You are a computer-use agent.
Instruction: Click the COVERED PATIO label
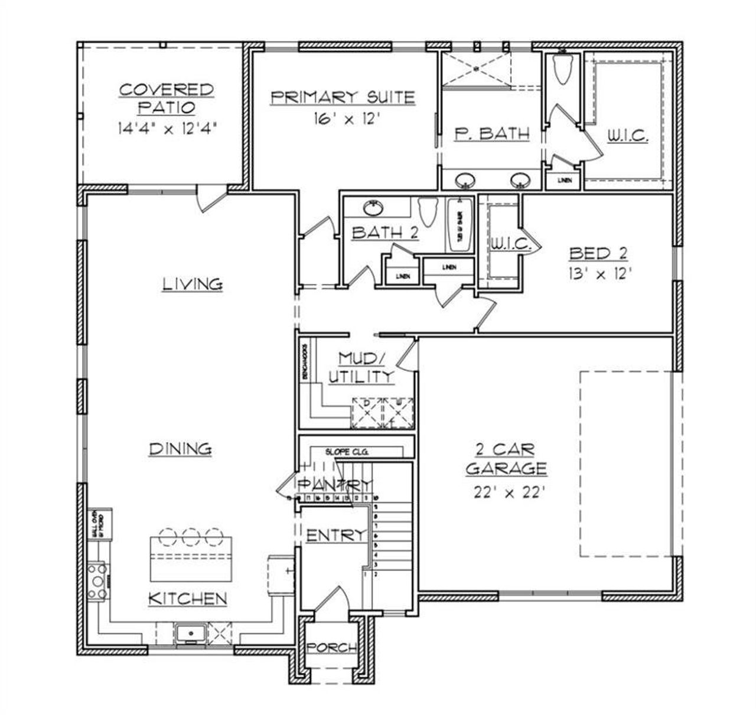(167, 99)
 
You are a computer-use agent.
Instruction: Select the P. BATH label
(492, 133)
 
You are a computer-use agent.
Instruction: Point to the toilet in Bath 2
(426, 211)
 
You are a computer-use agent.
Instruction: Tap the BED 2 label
(598, 254)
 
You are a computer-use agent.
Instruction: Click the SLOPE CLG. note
(347, 452)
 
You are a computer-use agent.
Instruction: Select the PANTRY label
(334, 485)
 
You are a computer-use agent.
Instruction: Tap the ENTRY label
(334, 535)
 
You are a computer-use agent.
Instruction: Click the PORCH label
(331, 647)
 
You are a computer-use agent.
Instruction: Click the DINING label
(180, 449)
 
